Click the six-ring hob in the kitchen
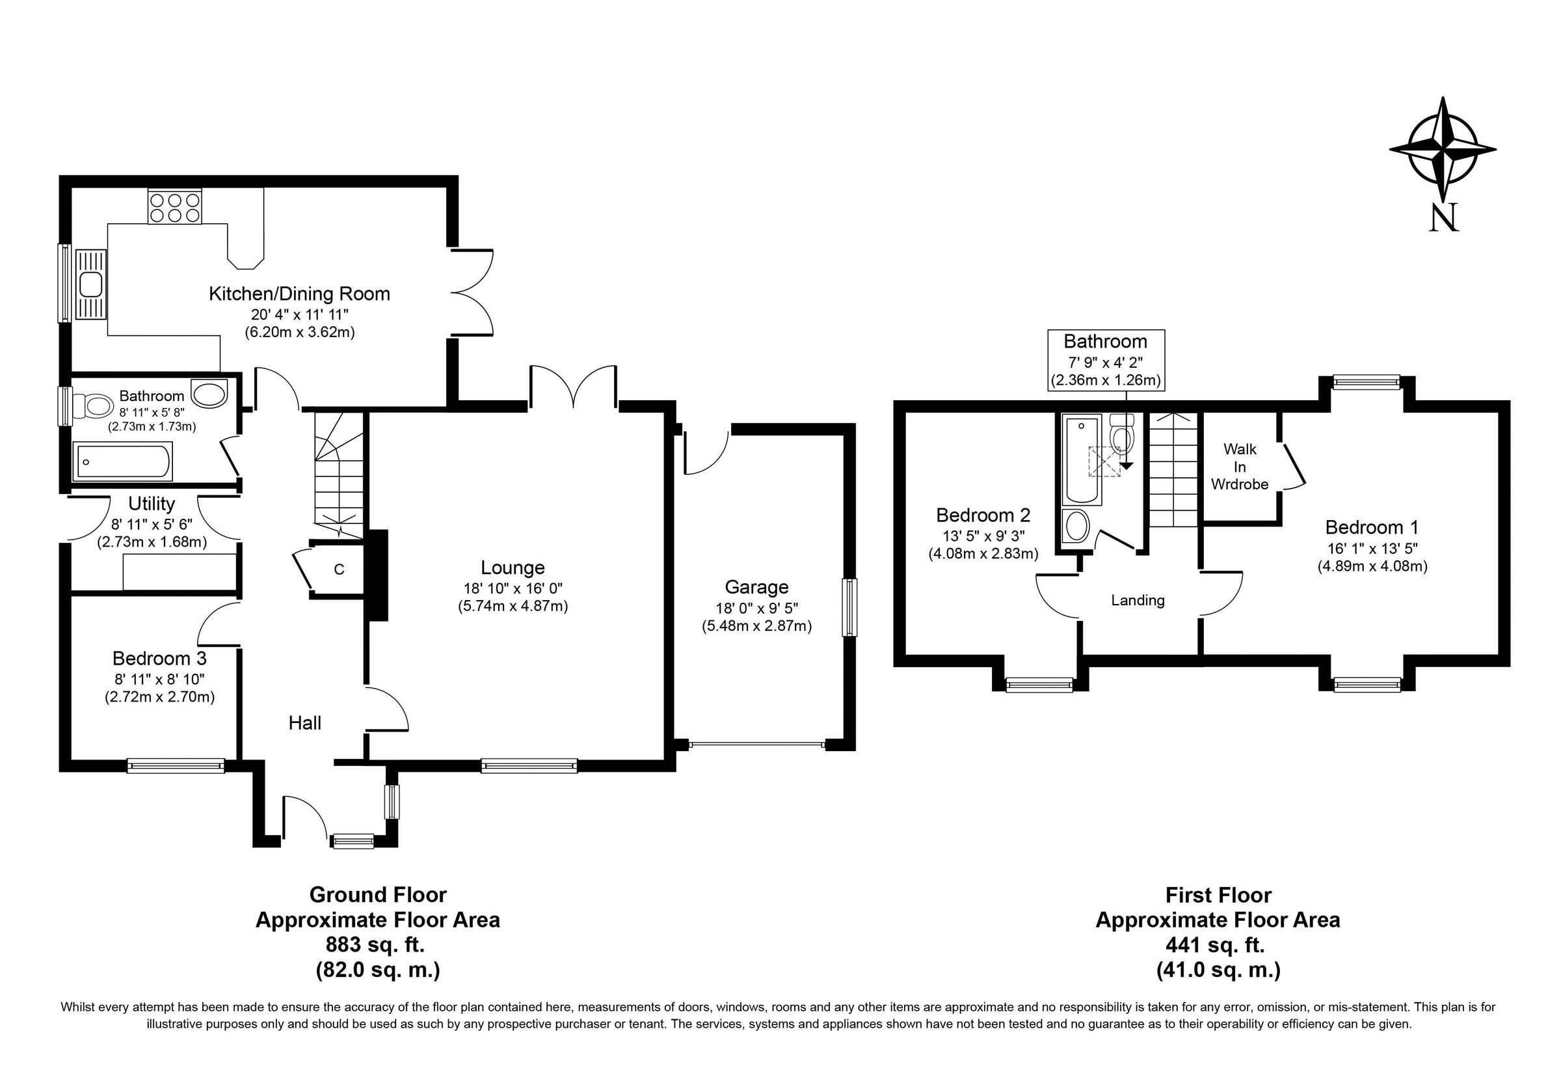click(175, 207)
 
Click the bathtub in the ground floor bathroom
click(123, 461)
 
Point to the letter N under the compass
click(1443, 219)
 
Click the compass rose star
click(1443, 150)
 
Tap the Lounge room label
click(512, 568)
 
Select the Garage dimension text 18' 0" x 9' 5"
click(756, 609)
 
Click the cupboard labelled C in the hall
click(338, 569)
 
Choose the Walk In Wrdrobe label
click(1239, 467)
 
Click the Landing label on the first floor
click(1137, 600)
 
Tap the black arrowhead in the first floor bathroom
click(1127, 465)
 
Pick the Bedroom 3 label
click(159, 658)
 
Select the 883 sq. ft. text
click(377, 944)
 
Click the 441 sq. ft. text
click(1217, 944)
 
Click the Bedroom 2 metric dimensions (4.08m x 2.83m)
click(983, 553)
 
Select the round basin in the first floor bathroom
click(1076, 525)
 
